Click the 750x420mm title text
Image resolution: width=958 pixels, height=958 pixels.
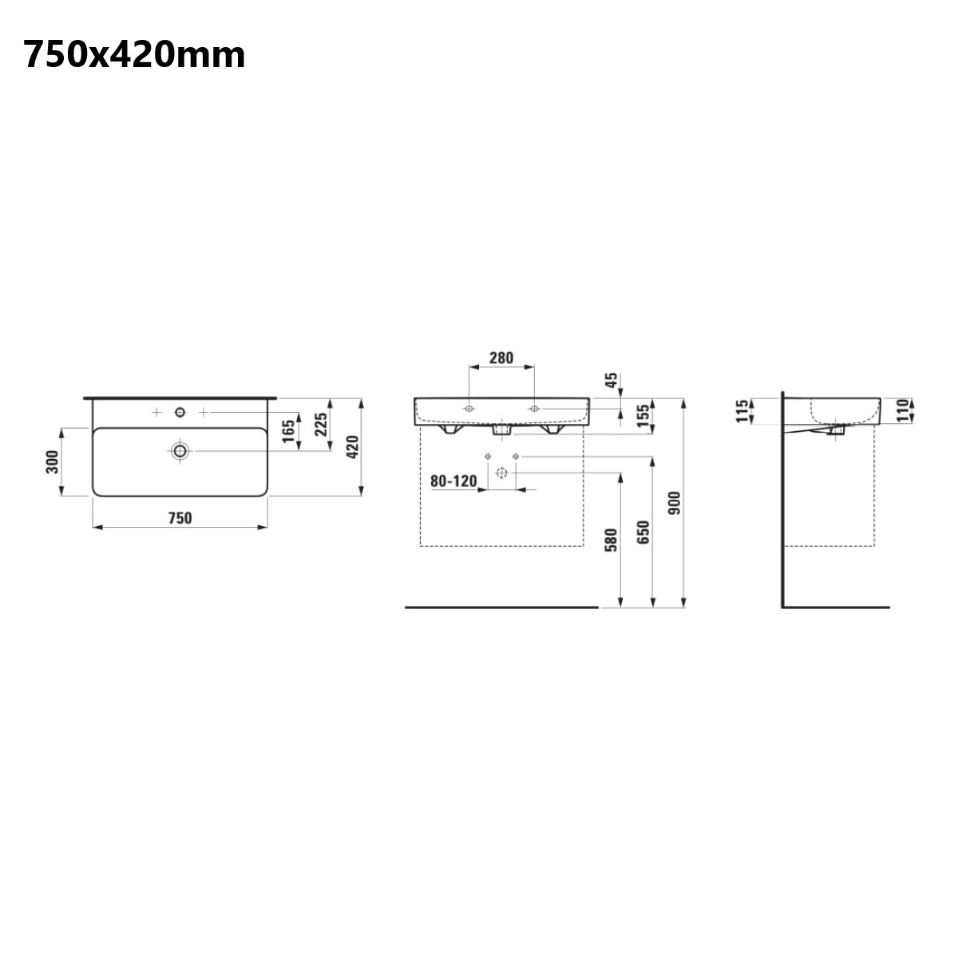134,55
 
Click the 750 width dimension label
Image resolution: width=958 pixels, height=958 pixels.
180,518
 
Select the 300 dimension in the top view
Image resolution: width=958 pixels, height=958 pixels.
52,461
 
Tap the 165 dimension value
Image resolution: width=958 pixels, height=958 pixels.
288,431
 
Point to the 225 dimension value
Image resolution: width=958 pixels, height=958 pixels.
321,424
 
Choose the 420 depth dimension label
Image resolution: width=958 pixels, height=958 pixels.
352,447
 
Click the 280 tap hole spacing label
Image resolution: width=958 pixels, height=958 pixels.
501,358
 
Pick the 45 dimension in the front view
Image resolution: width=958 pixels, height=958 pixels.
612,380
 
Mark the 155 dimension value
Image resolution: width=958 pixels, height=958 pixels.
643,416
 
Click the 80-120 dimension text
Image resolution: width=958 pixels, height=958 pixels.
453,481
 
